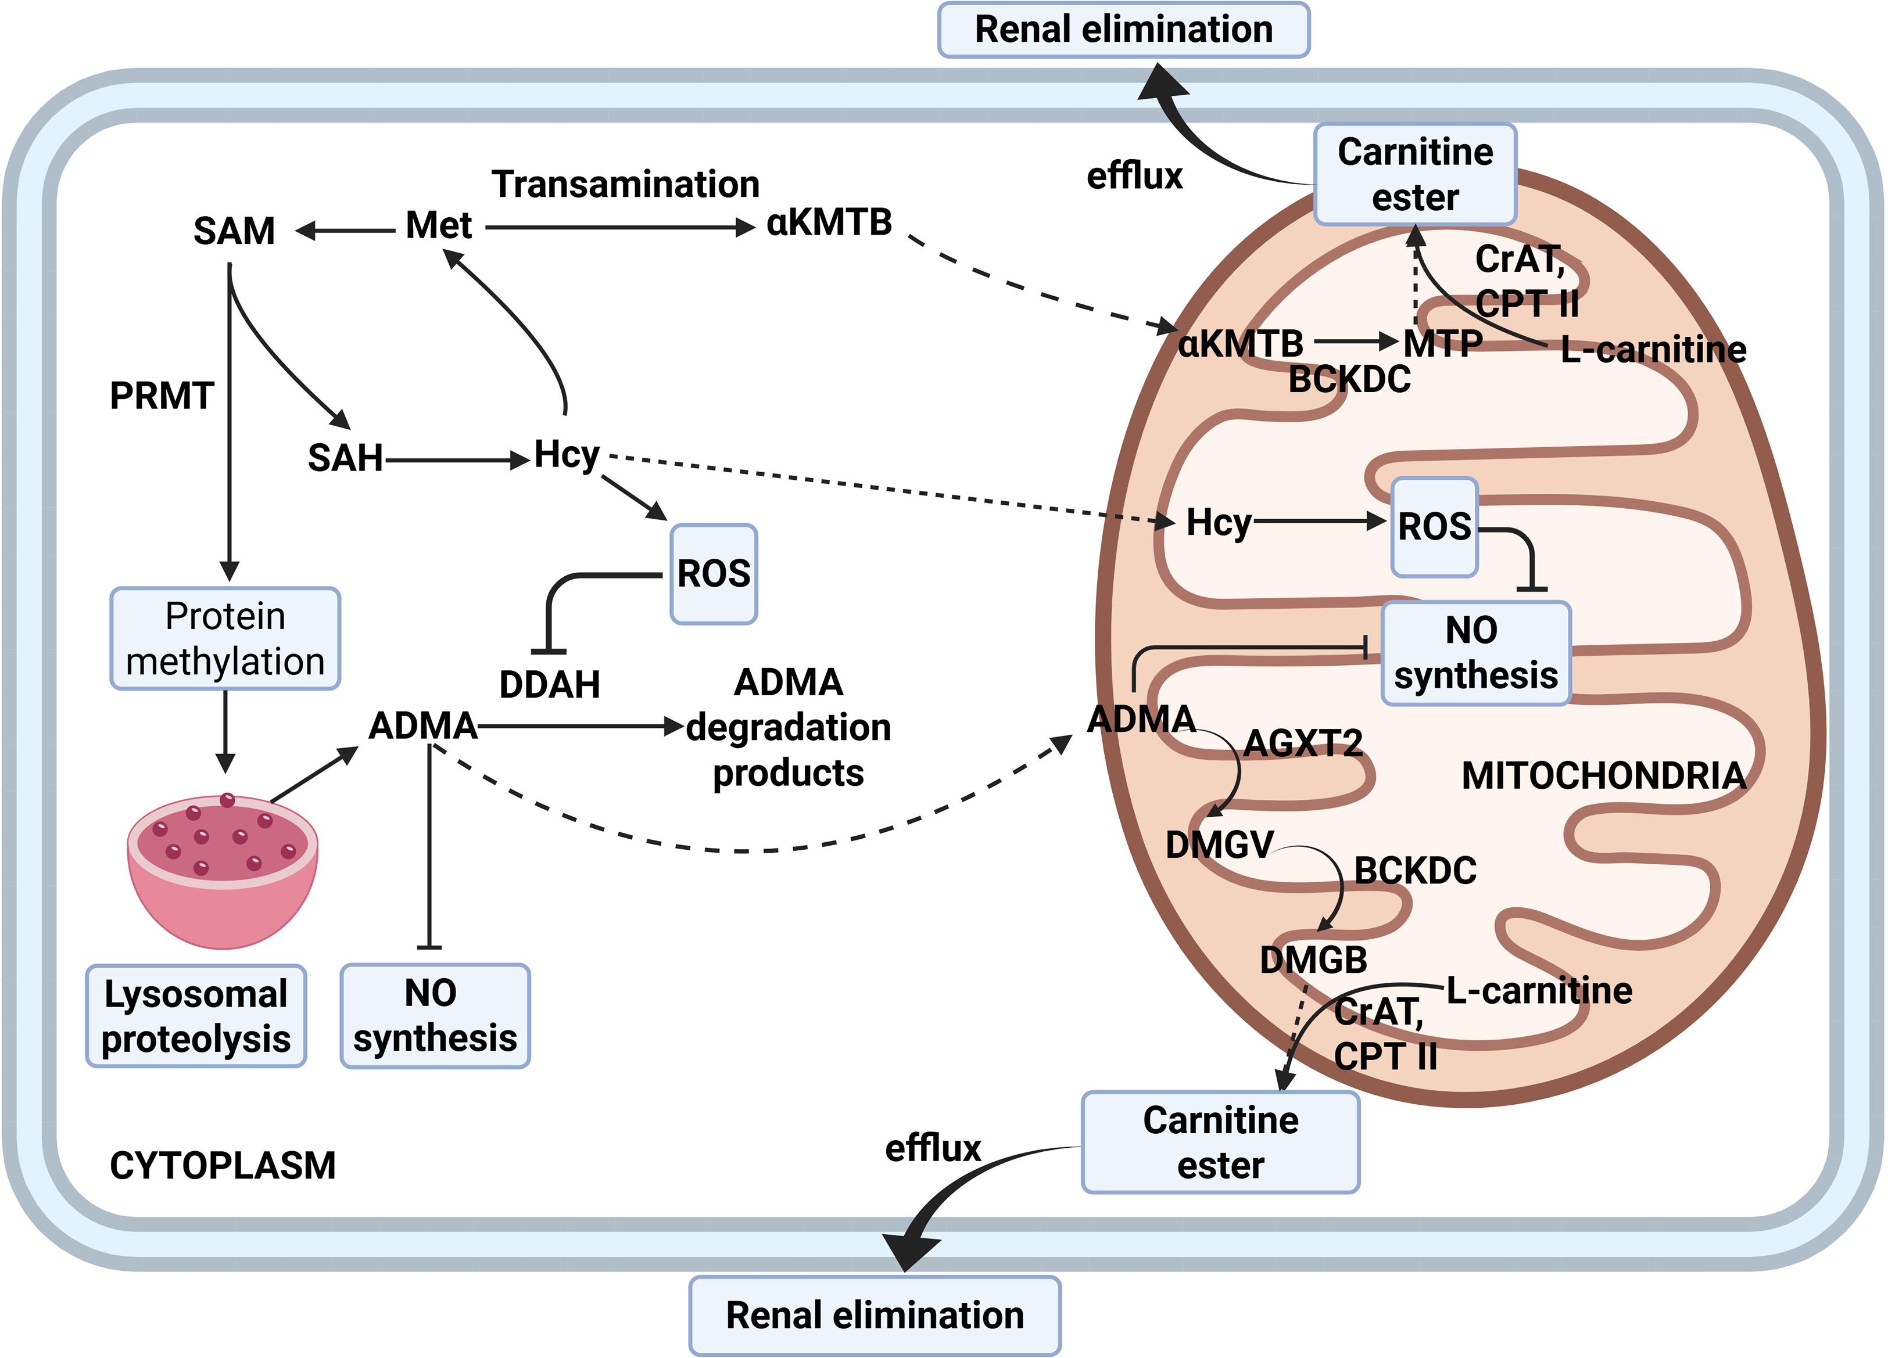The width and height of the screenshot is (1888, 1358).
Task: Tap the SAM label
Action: [x=234, y=231]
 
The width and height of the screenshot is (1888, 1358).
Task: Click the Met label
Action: [x=439, y=225]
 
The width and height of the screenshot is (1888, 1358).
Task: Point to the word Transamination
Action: [x=625, y=184]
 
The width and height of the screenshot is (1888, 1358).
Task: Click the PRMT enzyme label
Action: [x=162, y=396]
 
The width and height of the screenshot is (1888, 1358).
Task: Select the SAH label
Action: [x=346, y=458]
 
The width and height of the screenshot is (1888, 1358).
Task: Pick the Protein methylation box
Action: [x=225, y=639]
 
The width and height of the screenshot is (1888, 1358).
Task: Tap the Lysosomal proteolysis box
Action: [x=196, y=1016]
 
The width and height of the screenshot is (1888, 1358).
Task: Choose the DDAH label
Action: [x=549, y=685]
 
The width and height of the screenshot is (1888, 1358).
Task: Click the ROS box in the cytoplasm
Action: [x=714, y=574]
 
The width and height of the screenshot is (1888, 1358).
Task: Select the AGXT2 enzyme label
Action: [x=1303, y=743]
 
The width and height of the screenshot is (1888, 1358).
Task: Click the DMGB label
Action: [x=1313, y=960]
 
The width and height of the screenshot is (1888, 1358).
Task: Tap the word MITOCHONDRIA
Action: [x=1603, y=775]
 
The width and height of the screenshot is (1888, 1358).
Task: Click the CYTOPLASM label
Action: [x=222, y=1166]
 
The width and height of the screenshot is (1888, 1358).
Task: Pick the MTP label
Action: [x=1443, y=343]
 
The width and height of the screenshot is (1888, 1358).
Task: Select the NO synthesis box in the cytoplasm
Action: [x=435, y=1016]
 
